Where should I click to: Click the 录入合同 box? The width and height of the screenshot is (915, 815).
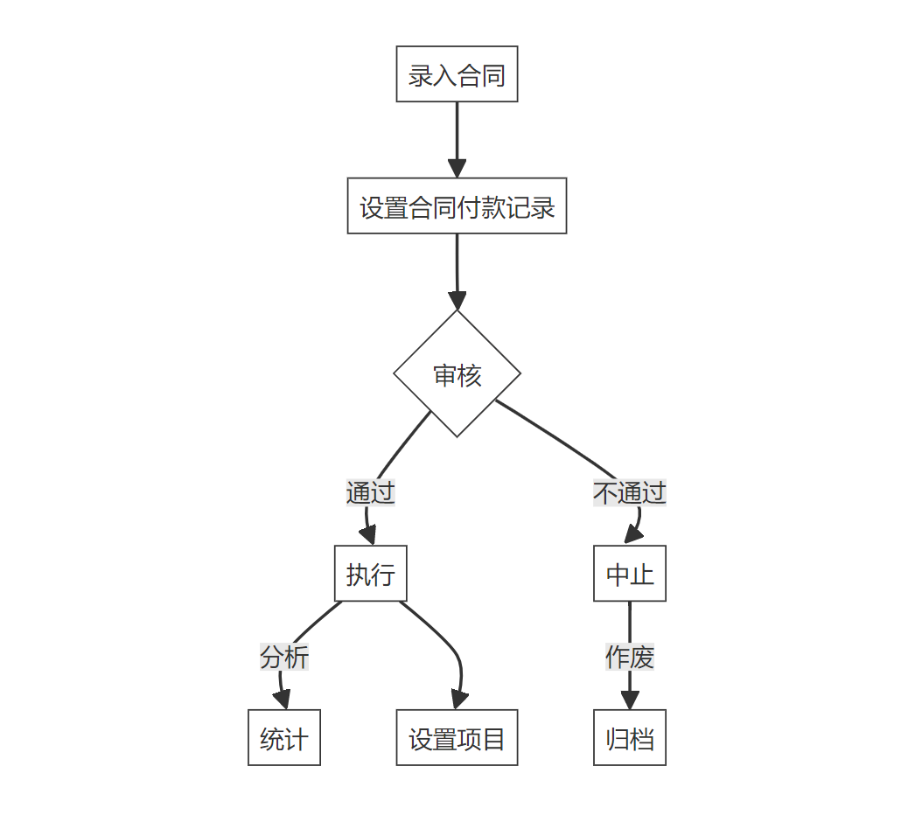click(457, 74)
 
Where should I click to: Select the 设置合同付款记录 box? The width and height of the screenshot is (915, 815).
click(457, 206)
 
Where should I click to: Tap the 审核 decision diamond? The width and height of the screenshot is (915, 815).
click(457, 374)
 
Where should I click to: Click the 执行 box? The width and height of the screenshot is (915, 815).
click(371, 574)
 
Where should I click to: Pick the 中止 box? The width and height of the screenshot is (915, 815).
click(630, 574)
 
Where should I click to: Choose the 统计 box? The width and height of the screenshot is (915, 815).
click(284, 738)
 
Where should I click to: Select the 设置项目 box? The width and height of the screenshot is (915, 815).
click(457, 738)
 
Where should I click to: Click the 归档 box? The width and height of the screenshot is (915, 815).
click(630, 738)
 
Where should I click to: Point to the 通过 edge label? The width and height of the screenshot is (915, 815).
click(371, 492)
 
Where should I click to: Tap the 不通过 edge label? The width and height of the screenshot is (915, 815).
click(630, 492)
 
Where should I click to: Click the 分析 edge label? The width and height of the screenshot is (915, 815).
click(284, 656)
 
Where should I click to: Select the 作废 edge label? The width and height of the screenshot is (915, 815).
click(630, 657)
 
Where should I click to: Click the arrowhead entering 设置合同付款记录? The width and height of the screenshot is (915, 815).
click(457, 169)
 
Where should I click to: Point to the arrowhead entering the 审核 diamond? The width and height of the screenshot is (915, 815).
click(457, 301)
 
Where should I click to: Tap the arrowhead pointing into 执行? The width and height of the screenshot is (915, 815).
click(370, 536)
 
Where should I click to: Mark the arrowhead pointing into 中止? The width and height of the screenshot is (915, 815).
click(631, 536)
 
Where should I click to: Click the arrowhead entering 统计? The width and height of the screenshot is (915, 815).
click(282, 700)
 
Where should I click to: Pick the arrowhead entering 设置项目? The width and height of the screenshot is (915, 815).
click(459, 700)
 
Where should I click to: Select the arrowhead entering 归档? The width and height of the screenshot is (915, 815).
click(630, 700)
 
